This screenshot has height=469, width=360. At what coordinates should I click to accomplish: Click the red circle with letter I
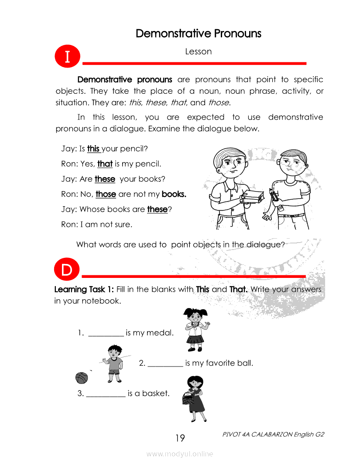67,57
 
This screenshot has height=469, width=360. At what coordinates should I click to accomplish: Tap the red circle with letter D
66,270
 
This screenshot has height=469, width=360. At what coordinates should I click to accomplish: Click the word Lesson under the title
198,51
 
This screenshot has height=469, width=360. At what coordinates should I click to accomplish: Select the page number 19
180,438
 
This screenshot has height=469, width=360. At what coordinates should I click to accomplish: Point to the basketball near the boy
82,377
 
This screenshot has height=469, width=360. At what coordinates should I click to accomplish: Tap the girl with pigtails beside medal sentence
194,329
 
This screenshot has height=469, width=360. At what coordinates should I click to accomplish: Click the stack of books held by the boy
253,197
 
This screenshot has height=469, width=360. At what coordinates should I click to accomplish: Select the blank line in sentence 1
106,333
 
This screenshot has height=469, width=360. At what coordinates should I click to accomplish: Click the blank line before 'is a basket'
106,394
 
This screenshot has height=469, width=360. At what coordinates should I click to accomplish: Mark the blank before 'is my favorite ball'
165,363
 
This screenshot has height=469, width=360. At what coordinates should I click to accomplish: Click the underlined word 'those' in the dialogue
106,194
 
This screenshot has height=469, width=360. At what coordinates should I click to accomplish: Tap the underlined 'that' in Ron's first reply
105,164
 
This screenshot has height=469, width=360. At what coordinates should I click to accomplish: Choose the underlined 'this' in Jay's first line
93,149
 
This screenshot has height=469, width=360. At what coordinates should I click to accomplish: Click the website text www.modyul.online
180,454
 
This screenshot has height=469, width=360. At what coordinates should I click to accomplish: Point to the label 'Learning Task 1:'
84,289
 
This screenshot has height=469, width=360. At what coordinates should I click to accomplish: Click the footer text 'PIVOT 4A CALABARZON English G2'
273,435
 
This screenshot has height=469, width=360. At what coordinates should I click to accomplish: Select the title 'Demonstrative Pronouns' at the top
199,34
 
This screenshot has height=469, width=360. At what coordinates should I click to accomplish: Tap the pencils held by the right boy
275,196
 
